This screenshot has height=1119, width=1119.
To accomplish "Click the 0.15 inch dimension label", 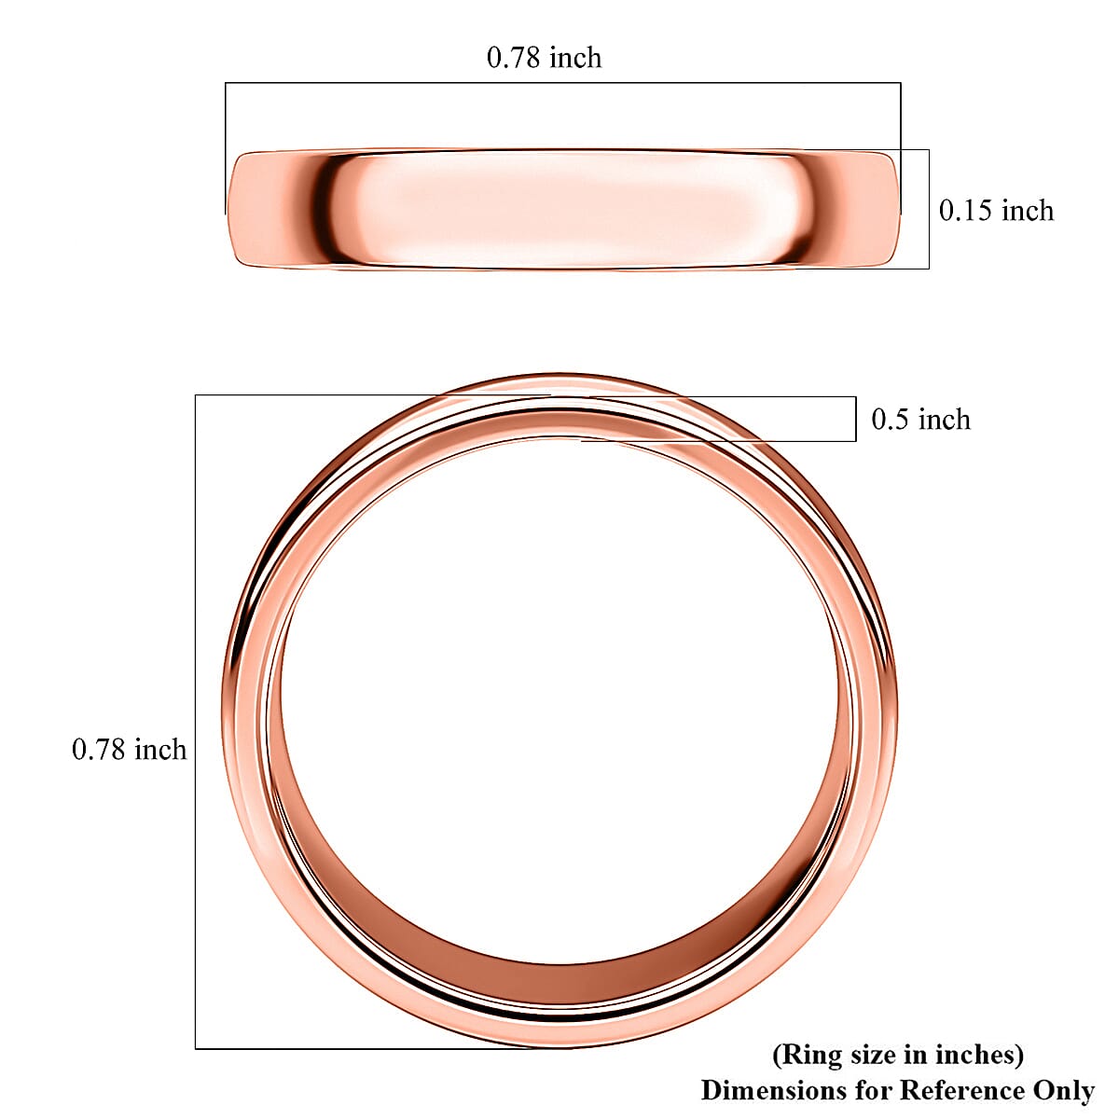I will click(996, 211).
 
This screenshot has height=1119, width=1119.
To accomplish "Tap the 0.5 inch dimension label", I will click(920, 420).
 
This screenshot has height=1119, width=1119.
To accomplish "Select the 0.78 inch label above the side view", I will click(545, 58).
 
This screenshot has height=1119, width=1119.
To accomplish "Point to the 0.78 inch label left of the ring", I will click(130, 750).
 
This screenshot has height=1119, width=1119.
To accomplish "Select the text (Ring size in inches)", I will click(898, 1055).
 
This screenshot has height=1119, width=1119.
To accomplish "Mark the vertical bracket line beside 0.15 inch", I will click(929, 209).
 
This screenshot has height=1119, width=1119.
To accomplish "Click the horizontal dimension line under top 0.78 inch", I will click(562, 83).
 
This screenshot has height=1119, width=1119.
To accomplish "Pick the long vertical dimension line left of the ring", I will click(195, 722).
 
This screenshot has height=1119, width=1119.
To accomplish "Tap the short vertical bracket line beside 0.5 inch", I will click(856, 419).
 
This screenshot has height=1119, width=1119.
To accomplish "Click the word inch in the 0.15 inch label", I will click(1028, 211).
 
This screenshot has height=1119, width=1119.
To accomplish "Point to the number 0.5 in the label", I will click(891, 420).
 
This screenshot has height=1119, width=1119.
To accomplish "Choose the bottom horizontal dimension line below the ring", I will click(373, 1048).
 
